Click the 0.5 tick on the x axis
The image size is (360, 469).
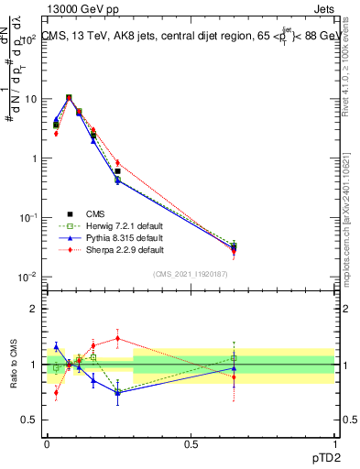coord(191,443)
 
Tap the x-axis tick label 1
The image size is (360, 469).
coord(334,443)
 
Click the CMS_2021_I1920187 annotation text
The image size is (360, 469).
coord(191,273)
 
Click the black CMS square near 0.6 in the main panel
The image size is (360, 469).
coord(117,171)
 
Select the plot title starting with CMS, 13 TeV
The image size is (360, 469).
coord(191,37)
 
